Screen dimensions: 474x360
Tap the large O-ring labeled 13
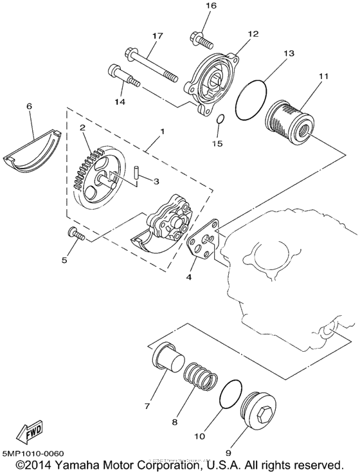(255, 100)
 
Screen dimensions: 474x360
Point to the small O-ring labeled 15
(219, 119)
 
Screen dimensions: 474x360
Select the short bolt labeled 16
(203, 41)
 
